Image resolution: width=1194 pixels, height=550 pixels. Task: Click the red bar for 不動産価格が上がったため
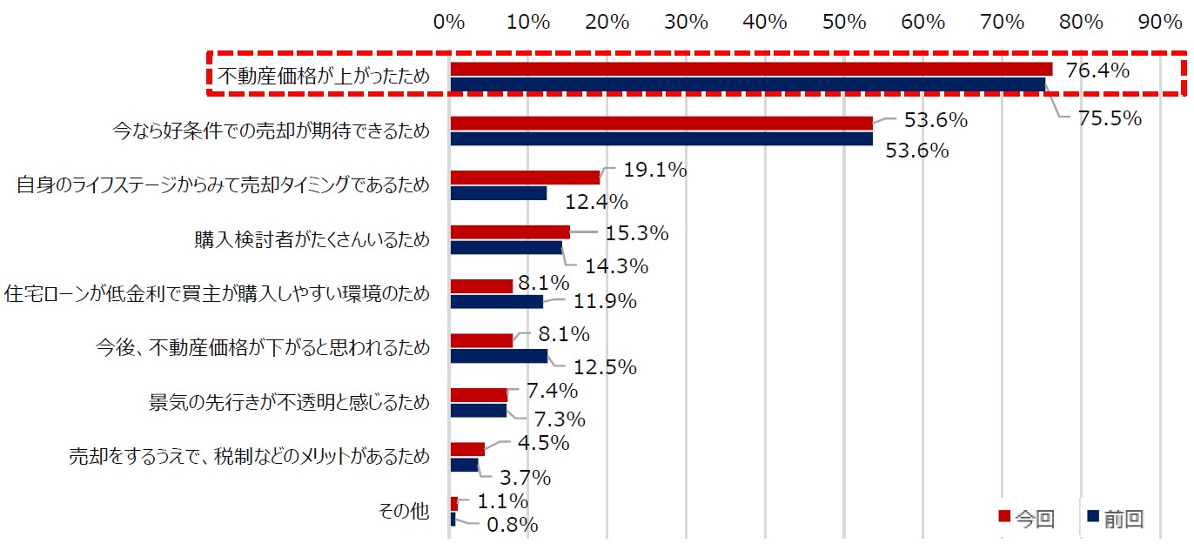750,69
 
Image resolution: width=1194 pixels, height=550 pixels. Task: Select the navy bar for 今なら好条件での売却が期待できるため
661,138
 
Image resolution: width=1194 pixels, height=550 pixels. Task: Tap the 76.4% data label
1097,70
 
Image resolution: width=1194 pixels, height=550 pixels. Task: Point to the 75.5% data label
1110,118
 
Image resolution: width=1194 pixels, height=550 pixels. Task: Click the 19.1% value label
655,171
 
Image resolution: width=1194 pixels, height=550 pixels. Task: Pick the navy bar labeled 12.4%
499,193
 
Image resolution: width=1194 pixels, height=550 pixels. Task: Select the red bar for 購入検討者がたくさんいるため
510,231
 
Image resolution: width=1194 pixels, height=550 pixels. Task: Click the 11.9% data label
605,302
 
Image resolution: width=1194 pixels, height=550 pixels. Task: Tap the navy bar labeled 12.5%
499,356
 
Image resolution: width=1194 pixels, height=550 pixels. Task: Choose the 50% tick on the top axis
845,22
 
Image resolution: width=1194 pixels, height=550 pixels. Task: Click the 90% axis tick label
1160,22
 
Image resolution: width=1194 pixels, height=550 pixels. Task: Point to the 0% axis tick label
449,22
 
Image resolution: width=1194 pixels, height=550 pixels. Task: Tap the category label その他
405,512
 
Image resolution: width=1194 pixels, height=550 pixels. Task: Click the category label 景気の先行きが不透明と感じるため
290,402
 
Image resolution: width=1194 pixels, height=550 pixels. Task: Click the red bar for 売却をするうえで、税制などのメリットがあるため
467,449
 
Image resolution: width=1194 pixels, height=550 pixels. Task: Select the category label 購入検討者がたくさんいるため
312,239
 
